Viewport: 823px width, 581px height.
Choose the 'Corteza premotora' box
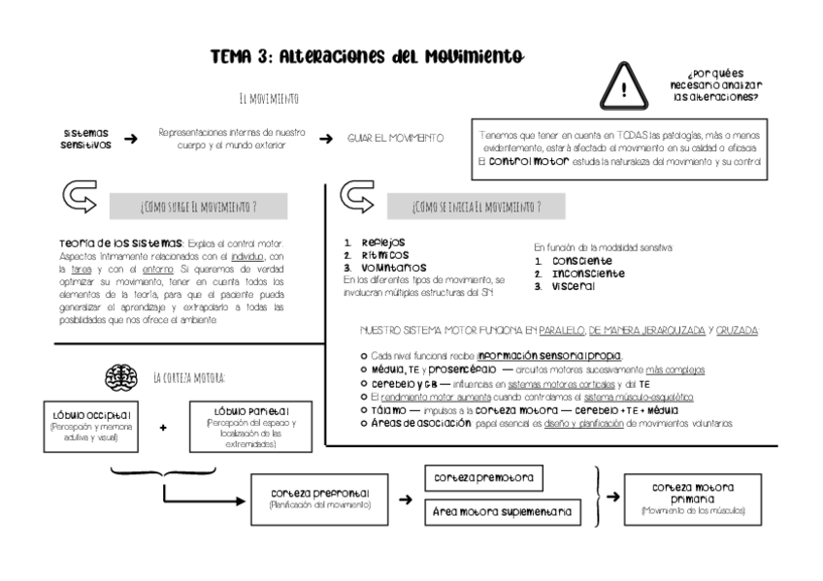483,477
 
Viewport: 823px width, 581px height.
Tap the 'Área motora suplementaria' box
502,512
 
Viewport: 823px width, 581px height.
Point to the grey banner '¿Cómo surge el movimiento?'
199,206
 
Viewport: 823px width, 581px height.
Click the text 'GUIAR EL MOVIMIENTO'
396,139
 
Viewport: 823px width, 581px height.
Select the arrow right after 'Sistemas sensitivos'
130,140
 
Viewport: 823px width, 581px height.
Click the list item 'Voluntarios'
383,267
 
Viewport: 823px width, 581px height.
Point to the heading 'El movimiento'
268,99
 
